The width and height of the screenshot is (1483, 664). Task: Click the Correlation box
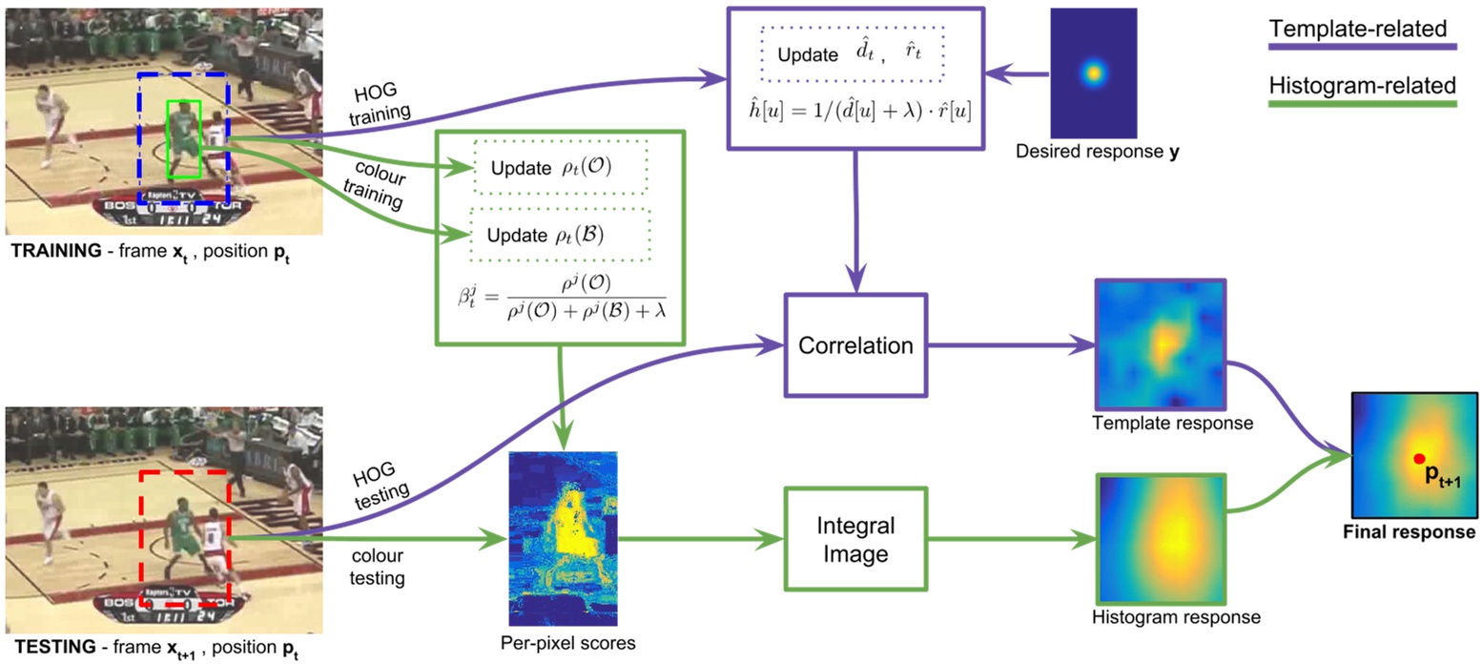(855, 345)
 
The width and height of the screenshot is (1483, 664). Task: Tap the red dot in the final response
(1419, 459)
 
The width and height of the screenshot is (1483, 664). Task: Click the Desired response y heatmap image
(1093, 73)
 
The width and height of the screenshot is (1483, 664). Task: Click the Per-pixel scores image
(565, 537)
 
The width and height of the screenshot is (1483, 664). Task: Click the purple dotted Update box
(850, 53)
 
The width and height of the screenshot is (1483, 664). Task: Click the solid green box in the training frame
(183, 138)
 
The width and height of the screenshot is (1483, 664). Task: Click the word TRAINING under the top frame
(47, 253)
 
